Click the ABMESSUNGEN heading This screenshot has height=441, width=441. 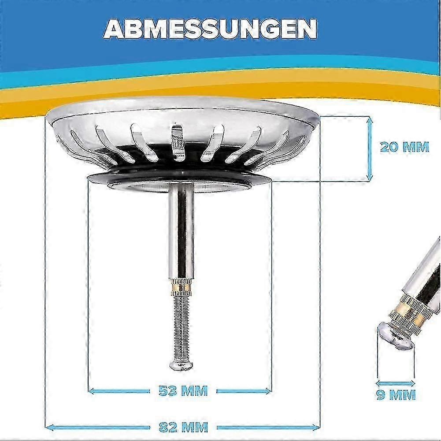click(210, 29)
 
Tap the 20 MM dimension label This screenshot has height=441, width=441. click(404, 147)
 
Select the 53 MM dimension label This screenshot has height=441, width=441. click(183, 390)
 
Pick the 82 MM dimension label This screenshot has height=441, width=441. click(183, 426)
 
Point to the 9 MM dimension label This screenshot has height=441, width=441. click(396, 395)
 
